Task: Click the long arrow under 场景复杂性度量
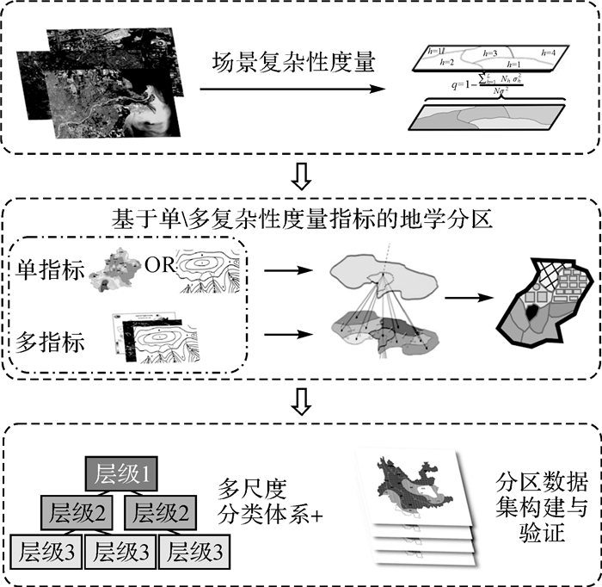[x=292, y=89]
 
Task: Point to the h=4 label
[x=548, y=53]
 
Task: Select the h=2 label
[x=446, y=63]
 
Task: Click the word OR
[x=160, y=264]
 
